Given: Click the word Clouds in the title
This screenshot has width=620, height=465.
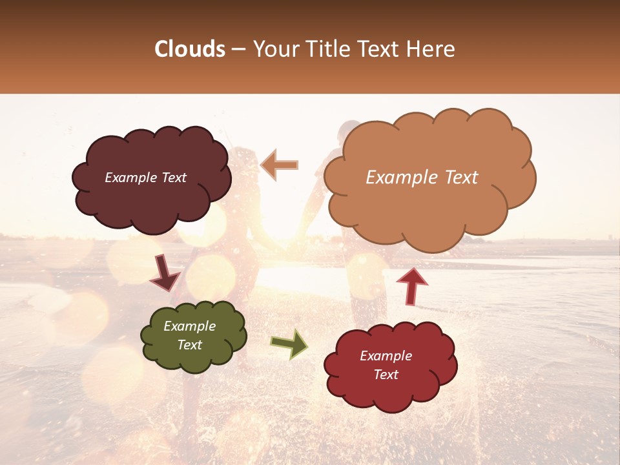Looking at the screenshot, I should point(190,49).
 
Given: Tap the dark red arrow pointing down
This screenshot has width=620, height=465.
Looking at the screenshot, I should point(165,274).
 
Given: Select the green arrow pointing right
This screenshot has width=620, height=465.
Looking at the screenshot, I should point(289,344).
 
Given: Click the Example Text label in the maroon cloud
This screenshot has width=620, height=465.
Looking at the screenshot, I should point(145,178).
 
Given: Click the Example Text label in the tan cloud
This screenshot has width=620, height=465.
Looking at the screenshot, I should point(422,178).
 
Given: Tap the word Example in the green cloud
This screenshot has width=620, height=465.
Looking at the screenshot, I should point(189,326).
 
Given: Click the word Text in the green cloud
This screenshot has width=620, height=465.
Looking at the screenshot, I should point(189,345).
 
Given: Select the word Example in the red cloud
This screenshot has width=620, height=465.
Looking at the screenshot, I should point(386,356).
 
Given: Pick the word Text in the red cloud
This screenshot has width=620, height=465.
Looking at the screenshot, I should point(386,375).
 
